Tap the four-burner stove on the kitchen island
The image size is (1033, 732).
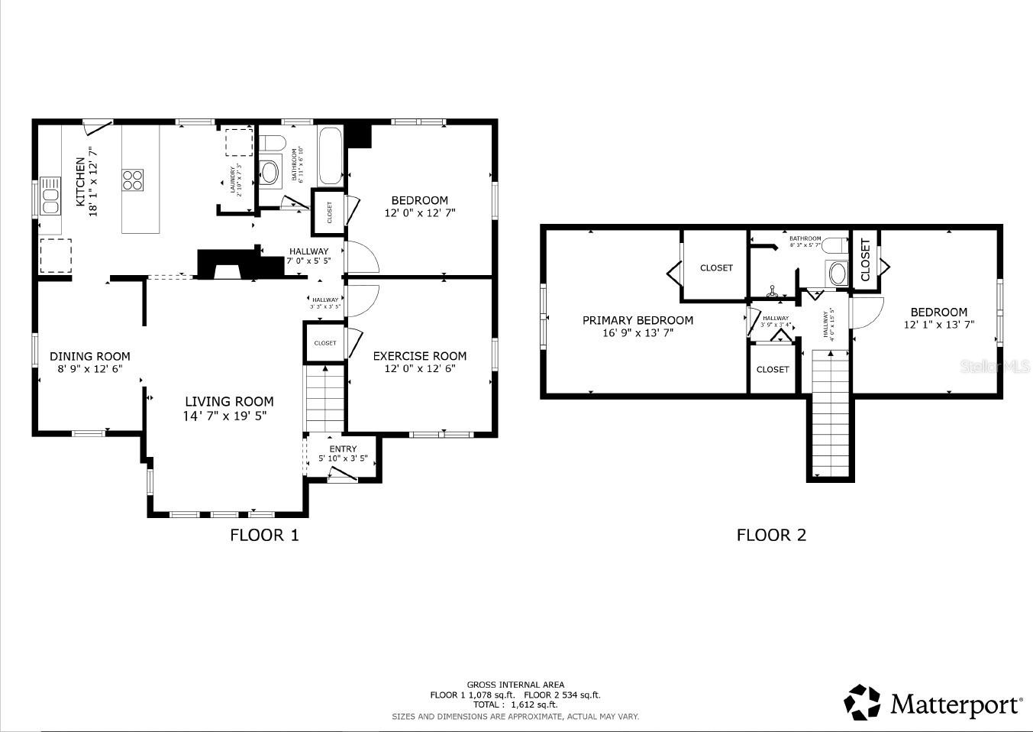coord(133,180)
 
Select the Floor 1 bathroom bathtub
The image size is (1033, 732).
coord(331,156)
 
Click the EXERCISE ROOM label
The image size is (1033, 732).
coord(419,356)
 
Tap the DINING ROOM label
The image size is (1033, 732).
coord(90,357)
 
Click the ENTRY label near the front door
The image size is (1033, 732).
coord(343,449)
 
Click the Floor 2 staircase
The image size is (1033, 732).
coord(830,413)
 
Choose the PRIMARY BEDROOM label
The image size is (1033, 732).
coord(638,321)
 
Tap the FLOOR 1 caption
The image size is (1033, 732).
coord(264,536)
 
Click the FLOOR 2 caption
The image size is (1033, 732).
coord(771,536)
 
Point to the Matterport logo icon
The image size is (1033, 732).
coord(861,701)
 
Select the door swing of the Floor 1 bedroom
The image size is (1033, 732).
coord(362,257)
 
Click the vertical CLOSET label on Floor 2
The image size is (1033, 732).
coord(865,260)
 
